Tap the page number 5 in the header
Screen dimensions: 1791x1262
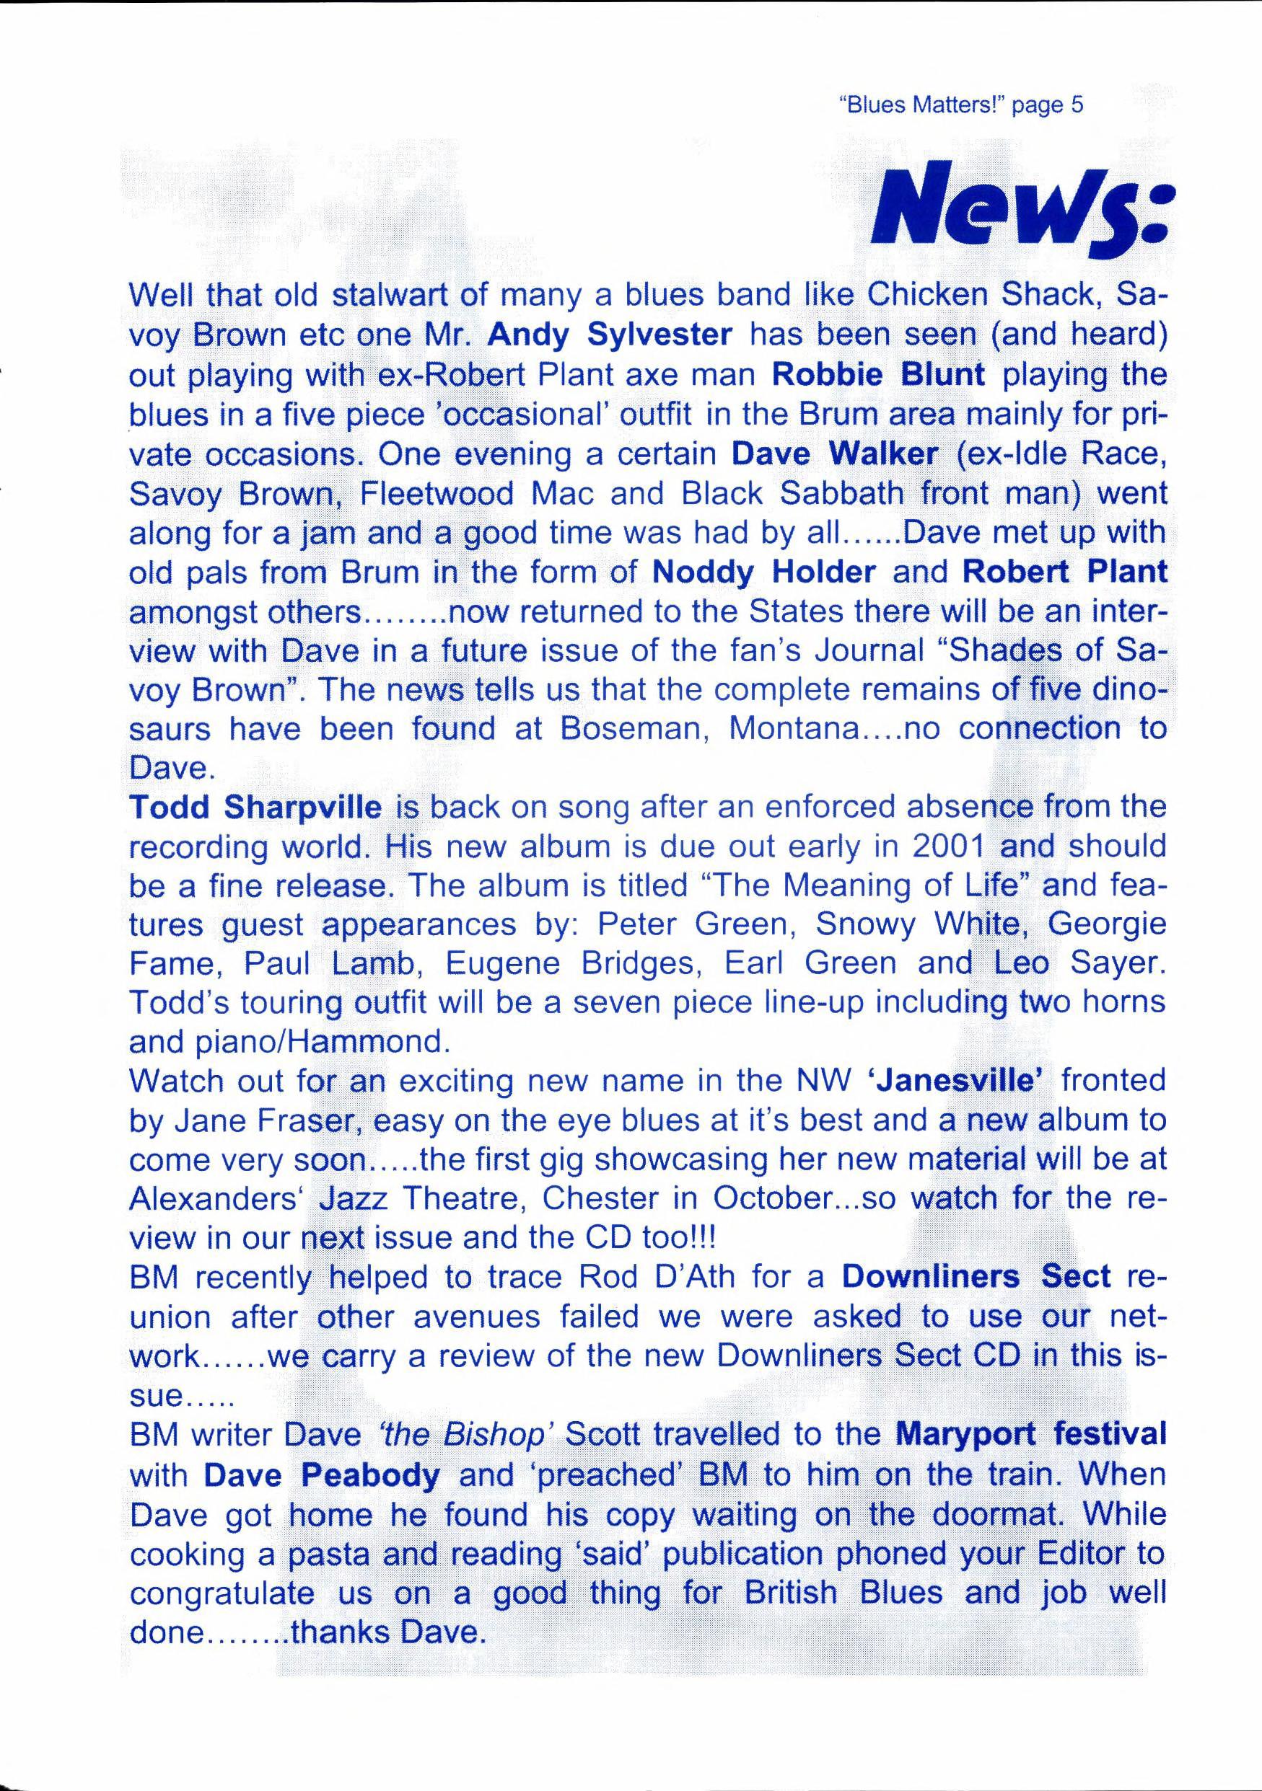1077,105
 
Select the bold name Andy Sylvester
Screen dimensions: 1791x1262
610,335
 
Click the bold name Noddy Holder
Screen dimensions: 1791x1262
763,572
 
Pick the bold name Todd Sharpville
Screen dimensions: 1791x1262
255,808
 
